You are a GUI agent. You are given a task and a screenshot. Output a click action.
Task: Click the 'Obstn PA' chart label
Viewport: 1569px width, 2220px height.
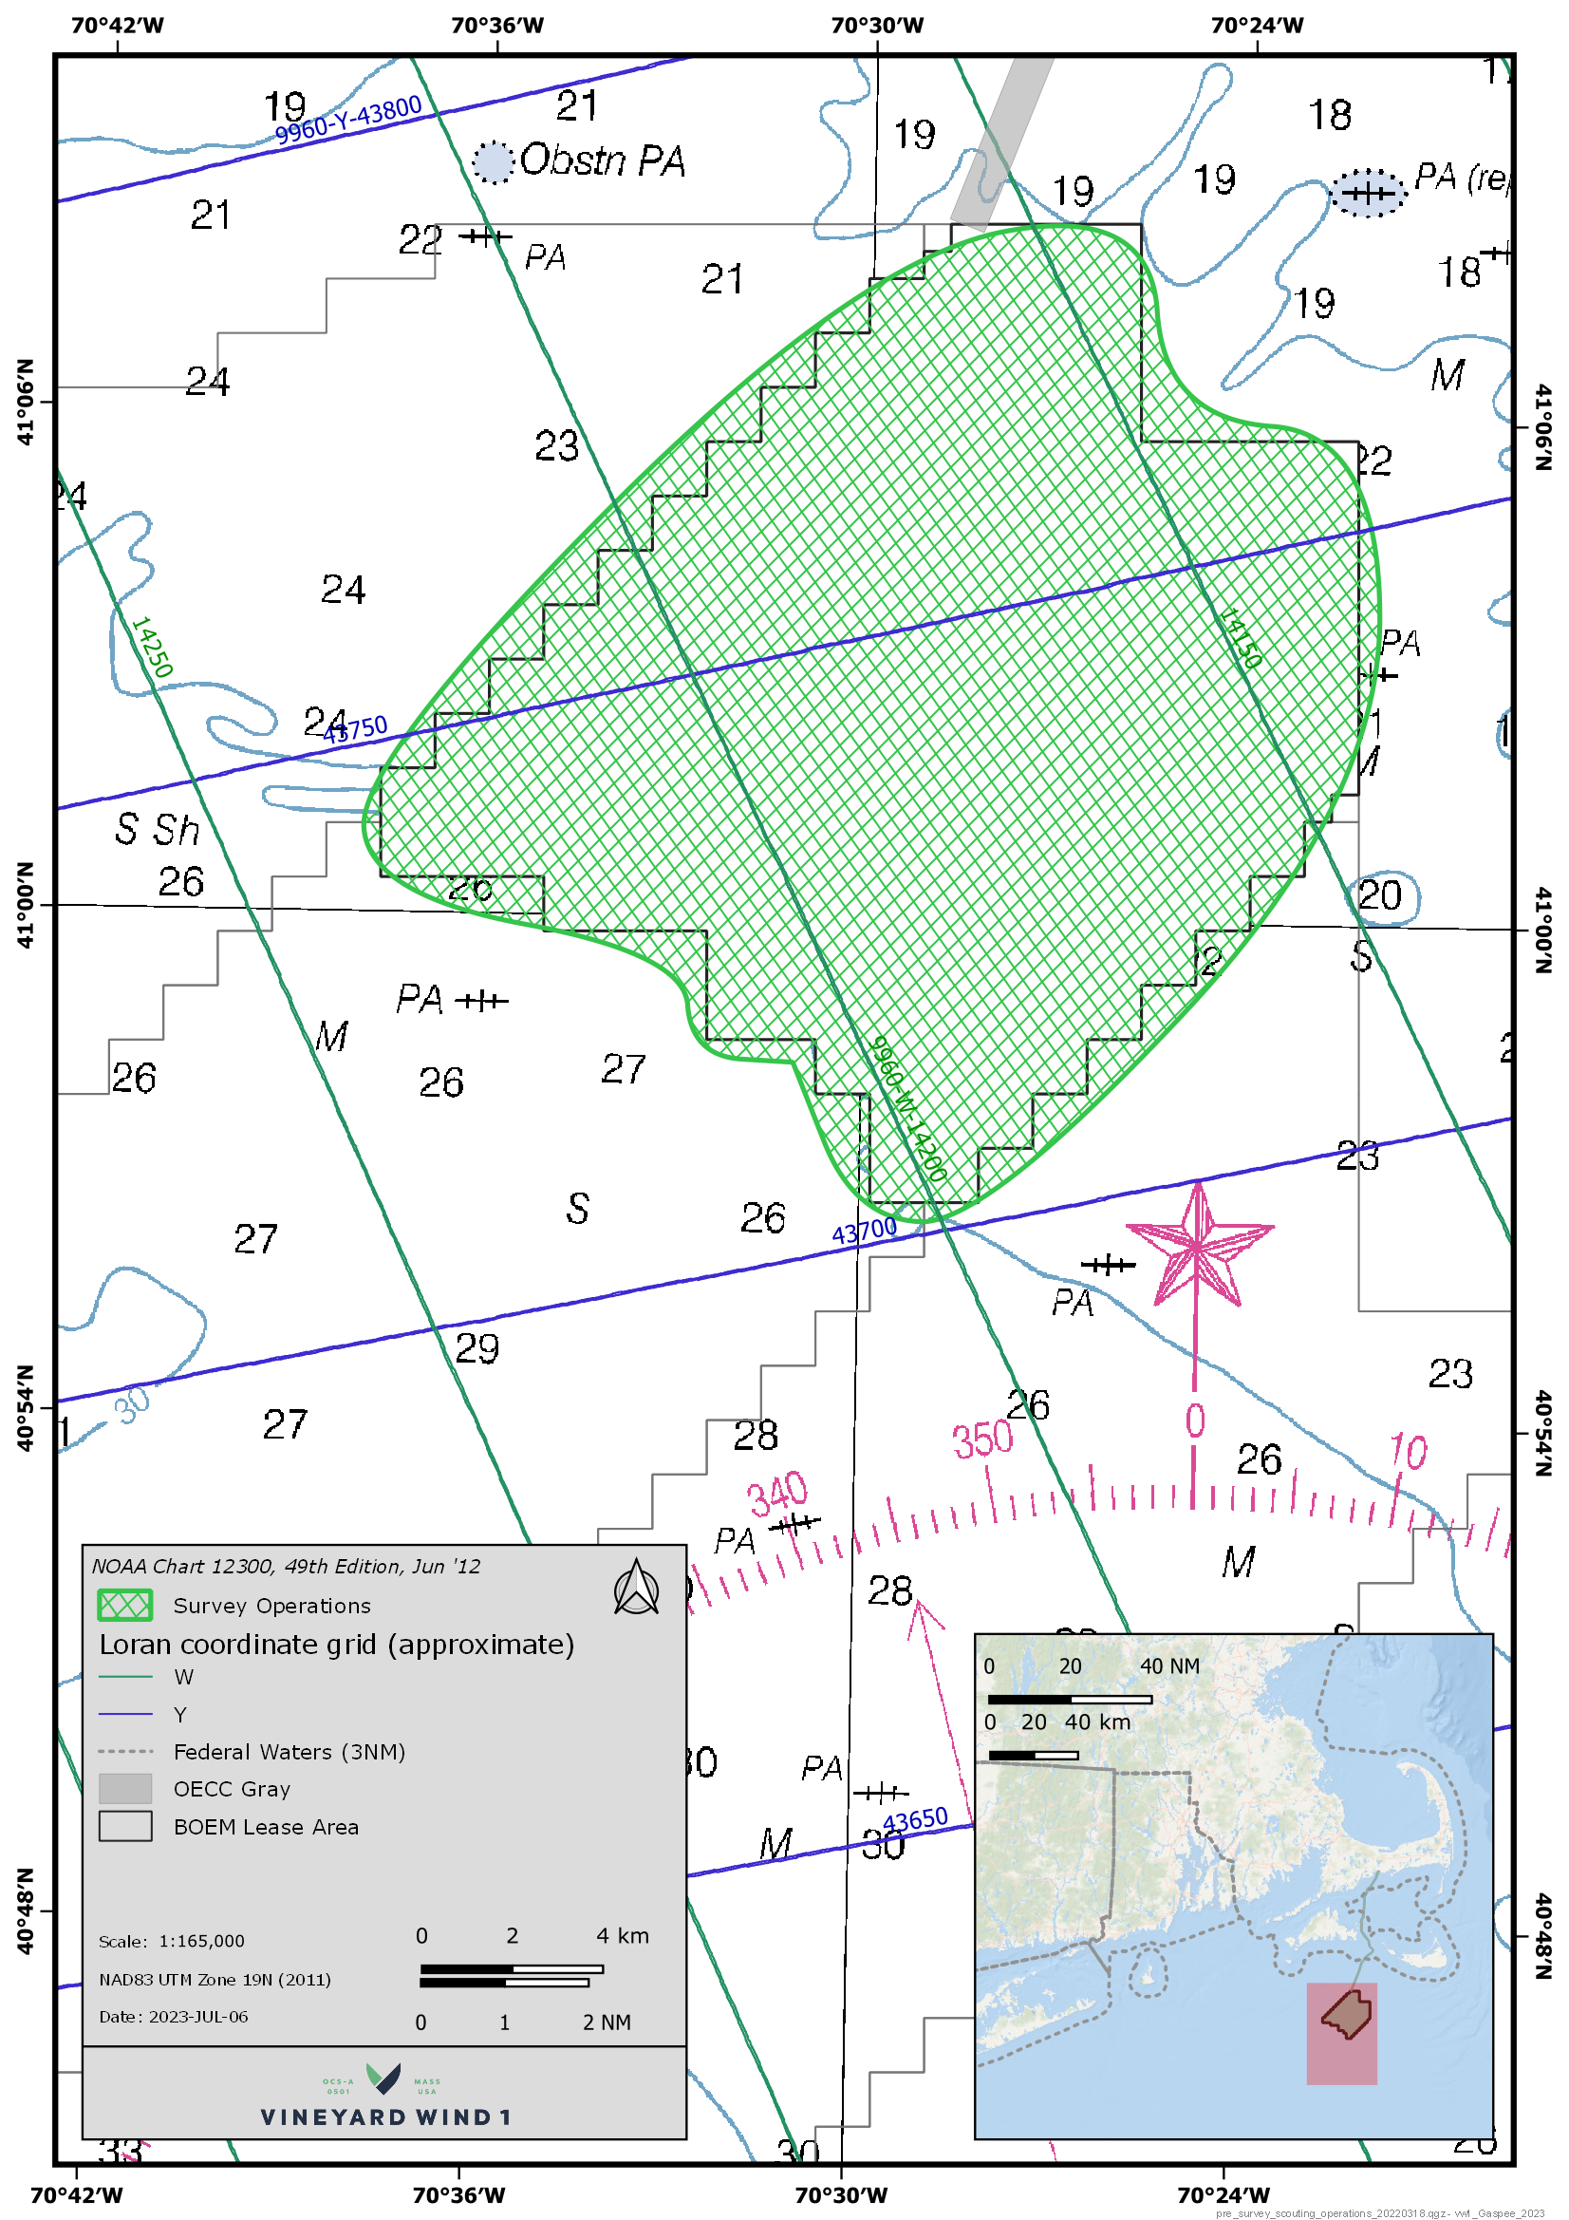click(x=603, y=160)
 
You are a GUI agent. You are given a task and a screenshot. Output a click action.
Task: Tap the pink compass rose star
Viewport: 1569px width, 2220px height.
click(x=1198, y=1247)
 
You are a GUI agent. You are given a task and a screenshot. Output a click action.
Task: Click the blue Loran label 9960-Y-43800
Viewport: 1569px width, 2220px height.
click(x=348, y=119)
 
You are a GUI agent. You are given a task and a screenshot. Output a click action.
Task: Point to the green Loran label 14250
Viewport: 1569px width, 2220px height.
click(x=152, y=647)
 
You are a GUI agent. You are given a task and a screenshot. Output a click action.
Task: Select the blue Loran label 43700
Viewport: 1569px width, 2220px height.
click(x=865, y=1232)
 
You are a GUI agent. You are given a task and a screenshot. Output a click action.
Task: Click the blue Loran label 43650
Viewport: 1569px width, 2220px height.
click(x=914, y=1820)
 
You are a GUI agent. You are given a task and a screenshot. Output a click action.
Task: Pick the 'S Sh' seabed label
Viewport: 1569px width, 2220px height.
click(x=157, y=830)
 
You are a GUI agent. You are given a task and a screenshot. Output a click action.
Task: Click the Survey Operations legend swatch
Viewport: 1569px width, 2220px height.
click(x=124, y=1606)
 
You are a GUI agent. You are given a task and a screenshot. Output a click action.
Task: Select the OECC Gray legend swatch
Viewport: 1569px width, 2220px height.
click(x=124, y=1789)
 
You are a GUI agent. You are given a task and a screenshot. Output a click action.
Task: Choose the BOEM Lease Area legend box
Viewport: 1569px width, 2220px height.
click(x=124, y=1827)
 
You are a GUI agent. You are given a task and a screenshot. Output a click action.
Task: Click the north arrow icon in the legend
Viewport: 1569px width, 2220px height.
click(x=636, y=1589)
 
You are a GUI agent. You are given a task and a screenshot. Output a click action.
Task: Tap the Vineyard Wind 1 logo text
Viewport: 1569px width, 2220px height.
click(x=384, y=2117)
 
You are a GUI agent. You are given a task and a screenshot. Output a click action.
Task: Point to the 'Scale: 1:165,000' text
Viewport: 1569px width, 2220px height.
click(x=171, y=1941)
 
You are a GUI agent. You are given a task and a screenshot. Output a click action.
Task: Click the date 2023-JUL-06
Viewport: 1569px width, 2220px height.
click(x=198, y=2016)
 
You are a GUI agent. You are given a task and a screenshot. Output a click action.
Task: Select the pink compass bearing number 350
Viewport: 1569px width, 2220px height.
click(x=982, y=1439)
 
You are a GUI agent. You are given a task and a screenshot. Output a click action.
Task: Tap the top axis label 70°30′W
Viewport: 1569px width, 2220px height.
click(x=877, y=25)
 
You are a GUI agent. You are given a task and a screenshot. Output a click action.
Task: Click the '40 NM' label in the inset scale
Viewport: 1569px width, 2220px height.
click(x=1169, y=1666)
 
